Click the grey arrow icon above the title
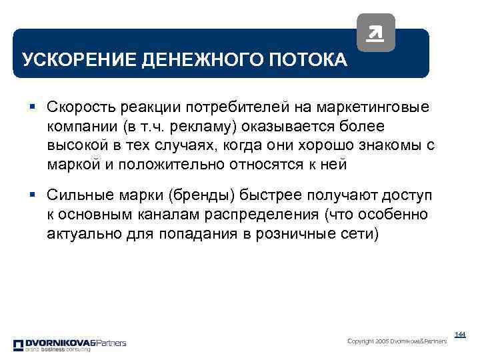pyautogui.click(x=375, y=32)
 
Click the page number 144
pyautogui.click(x=460, y=334)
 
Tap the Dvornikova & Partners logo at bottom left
pyautogui.click(x=69, y=345)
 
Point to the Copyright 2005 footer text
pyautogui.click(x=397, y=341)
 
